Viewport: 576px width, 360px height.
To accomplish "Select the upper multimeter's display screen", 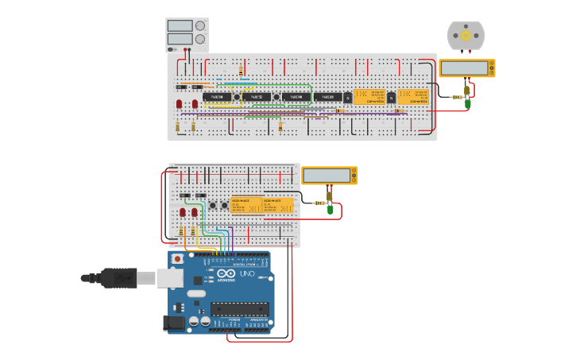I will point(464,68).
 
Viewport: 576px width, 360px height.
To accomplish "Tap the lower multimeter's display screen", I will point(326,176).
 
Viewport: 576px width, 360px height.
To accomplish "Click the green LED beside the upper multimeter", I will point(468,103).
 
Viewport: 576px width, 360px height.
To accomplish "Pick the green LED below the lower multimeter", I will point(330,210).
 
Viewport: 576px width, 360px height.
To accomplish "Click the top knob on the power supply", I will point(199,25).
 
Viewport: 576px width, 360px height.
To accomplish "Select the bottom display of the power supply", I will point(180,39).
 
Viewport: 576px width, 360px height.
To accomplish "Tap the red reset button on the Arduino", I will point(177,259).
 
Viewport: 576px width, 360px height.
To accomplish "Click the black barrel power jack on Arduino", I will point(173,323).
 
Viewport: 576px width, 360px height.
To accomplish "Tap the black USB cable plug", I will point(119,278).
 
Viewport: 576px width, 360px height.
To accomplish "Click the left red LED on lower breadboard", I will point(183,212).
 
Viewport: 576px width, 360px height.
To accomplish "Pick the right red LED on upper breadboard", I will point(195,104).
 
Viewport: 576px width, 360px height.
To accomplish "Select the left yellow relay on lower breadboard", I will point(246,205).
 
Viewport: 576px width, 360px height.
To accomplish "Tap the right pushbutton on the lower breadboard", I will point(223,206).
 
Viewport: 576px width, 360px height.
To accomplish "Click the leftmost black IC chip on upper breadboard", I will point(217,97).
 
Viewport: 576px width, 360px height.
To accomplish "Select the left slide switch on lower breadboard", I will point(184,195).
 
